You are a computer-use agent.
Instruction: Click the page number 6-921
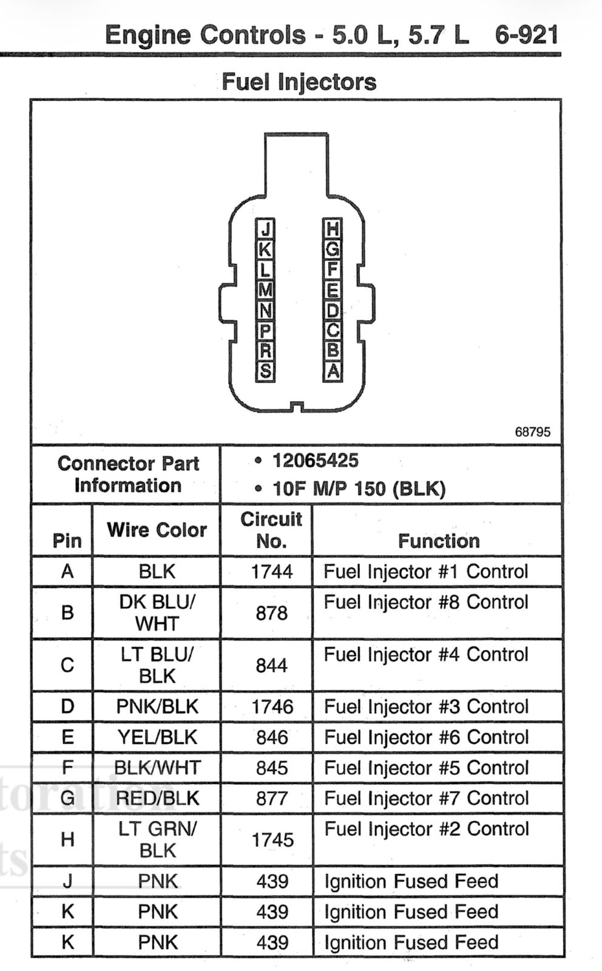(x=526, y=35)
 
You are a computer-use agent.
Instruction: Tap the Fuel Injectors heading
(x=299, y=82)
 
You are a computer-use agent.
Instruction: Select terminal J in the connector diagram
(x=265, y=228)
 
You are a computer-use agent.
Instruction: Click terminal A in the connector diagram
(x=333, y=371)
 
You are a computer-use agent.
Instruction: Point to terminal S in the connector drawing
(x=265, y=371)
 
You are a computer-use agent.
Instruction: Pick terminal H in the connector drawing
(x=333, y=228)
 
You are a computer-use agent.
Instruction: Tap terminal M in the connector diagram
(x=265, y=289)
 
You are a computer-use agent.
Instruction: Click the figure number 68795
(x=533, y=431)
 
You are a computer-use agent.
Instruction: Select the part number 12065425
(x=315, y=461)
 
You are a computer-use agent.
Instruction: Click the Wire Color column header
(x=157, y=530)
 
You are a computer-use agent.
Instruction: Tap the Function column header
(x=439, y=541)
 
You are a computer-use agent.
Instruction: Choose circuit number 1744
(x=272, y=571)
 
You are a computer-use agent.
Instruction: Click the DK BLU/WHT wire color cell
(x=157, y=612)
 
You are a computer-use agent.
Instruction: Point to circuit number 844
(x=272, y=665)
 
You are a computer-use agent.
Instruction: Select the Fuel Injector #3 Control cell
(x=427, y=706)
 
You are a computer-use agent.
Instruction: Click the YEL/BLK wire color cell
(x=157, y=737)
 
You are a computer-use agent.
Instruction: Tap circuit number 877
(x=272, y=799)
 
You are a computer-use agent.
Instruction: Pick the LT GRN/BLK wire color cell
(x=157, y=840)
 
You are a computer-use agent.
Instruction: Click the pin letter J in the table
(x=67, y=881)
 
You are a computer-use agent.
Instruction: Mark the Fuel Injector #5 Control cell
(x=427, y=768)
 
